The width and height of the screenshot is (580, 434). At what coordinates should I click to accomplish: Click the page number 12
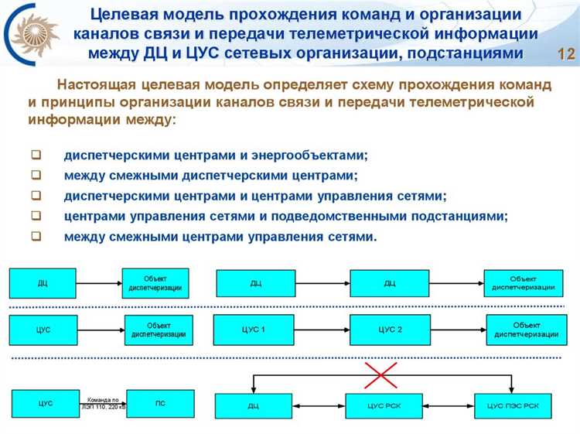coord(566,54)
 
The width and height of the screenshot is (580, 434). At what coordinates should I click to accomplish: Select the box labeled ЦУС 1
coord(253,330)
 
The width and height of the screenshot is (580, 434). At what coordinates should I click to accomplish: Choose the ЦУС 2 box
coord(389,330)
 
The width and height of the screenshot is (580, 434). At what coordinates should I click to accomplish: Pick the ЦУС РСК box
coord(384,405)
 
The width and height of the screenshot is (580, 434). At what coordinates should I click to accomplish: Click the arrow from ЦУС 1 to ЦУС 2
coord(321,330)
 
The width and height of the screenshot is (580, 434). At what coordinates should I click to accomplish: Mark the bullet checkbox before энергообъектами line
coord(36,154)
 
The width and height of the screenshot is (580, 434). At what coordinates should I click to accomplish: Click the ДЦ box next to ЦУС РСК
coord(253,405)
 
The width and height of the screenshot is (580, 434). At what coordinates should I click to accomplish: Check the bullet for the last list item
coord(36,237)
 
